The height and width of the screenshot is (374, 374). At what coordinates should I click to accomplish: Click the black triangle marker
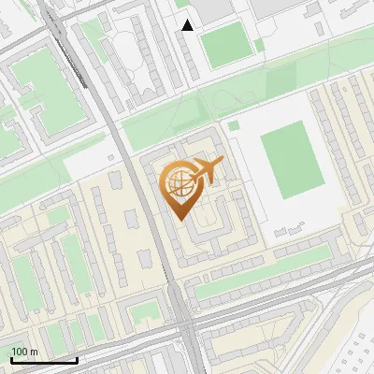tap(188, 25)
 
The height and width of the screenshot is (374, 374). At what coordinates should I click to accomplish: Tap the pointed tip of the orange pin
tap(181, 220)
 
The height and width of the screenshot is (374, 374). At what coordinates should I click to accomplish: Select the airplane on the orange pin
tap(206, 170)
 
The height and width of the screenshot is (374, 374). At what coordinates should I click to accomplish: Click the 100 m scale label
tap(24, 352)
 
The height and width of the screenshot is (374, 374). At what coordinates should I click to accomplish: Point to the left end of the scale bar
tap(11, 359)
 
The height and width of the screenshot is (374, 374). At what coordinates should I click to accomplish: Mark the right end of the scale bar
tap(77, 359)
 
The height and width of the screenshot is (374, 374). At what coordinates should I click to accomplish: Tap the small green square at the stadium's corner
tap(234, 124)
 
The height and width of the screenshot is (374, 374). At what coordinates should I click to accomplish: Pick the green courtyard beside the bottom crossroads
tap(143, 311)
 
